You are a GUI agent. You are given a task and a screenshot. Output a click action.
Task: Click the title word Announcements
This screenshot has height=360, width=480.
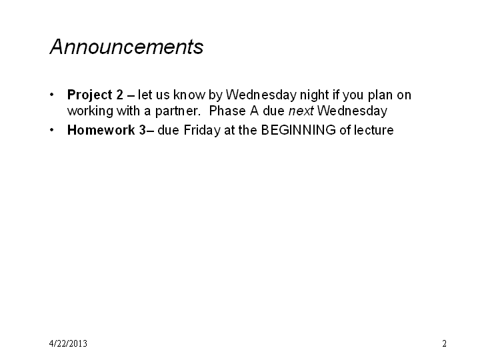[x=127, y=47]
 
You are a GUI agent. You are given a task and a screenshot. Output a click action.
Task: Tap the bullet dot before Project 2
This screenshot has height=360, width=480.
[x=52, y=95]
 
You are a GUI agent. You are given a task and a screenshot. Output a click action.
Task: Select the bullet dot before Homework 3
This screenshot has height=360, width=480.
[x=52, y=130]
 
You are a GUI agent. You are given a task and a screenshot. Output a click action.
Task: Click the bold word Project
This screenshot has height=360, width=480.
[x=90, y=95]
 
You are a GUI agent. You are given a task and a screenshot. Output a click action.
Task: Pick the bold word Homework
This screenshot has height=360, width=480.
[x=101, y=130]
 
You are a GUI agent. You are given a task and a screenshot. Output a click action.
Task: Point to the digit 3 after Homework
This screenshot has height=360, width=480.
[x=143, y=130]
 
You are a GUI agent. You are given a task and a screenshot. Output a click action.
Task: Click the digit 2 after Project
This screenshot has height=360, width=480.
[x=119, y=95]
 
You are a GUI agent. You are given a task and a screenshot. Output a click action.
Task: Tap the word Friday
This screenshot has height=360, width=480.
[x=202, y=131]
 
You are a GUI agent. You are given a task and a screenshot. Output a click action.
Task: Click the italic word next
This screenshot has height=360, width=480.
[x=301, y=111]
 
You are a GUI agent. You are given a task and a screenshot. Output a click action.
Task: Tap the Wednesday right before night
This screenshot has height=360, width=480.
[x=261, y=95]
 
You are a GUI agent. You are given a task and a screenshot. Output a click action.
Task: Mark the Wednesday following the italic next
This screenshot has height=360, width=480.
[x=352, y=111]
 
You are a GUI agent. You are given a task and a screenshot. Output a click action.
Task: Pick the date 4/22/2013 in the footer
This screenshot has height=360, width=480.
[x=68, y=343]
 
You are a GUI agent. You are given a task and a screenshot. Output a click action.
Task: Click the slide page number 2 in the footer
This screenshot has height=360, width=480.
[x=444, y=343]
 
